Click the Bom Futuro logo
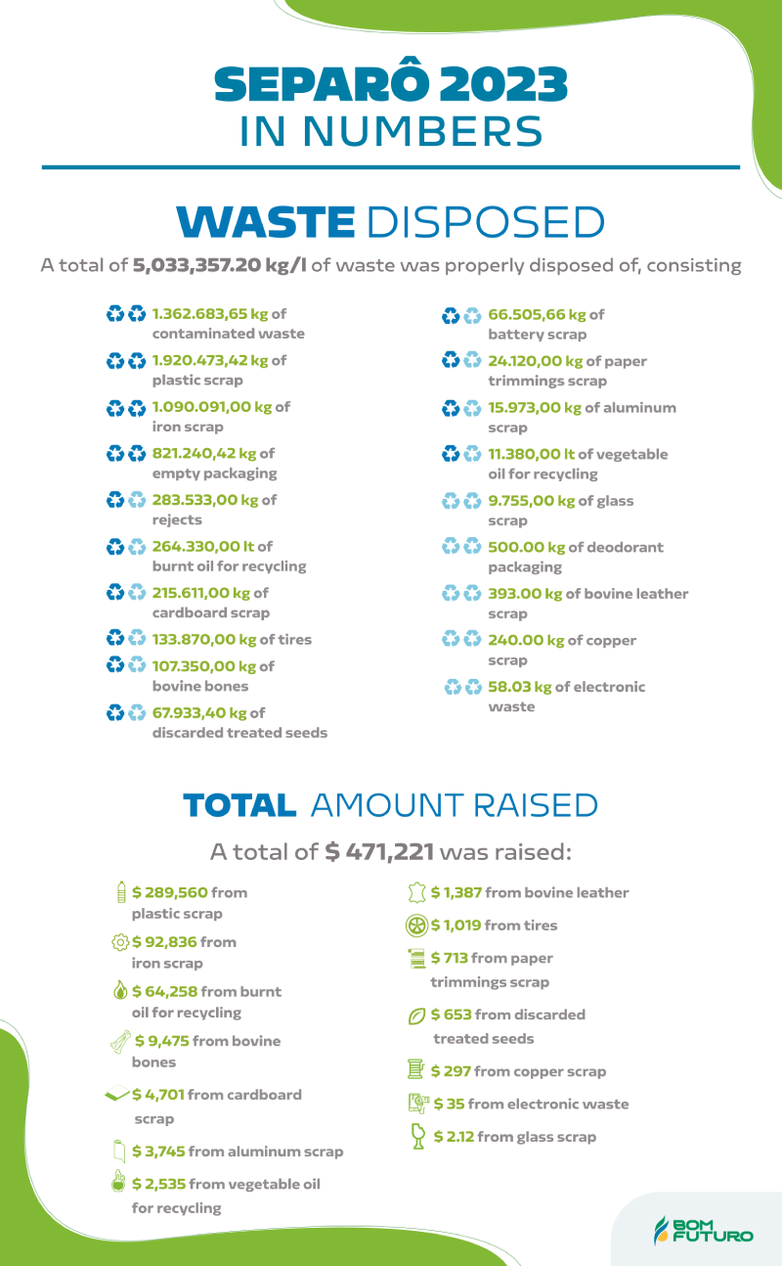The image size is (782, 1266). (x=703, y=1231)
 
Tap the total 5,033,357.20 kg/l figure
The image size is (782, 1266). (x=220, y=265)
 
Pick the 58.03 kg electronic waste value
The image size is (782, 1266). (x=519, y=687)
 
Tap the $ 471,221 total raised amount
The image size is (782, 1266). (x=379, y=852)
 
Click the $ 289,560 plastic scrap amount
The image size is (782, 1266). (x=170, y=892)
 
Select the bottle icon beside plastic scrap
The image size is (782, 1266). (x=120, y=892)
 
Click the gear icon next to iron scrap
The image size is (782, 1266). (x=120, y=942)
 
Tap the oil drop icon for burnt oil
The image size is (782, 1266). (x=119, y=991)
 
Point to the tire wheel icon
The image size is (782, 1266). (x=416, y=926)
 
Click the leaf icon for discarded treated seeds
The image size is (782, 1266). (x=416, y=1016)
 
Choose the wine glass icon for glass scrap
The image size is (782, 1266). (x=417, y=1136)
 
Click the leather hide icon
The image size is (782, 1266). (x=416, y=892)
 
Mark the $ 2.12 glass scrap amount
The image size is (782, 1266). (x=454, y=1137)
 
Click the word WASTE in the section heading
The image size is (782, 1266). (x=265, y=221)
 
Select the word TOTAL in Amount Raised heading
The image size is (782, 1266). (x=239, y=805)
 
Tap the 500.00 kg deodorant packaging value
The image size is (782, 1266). (x=526, y=547)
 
